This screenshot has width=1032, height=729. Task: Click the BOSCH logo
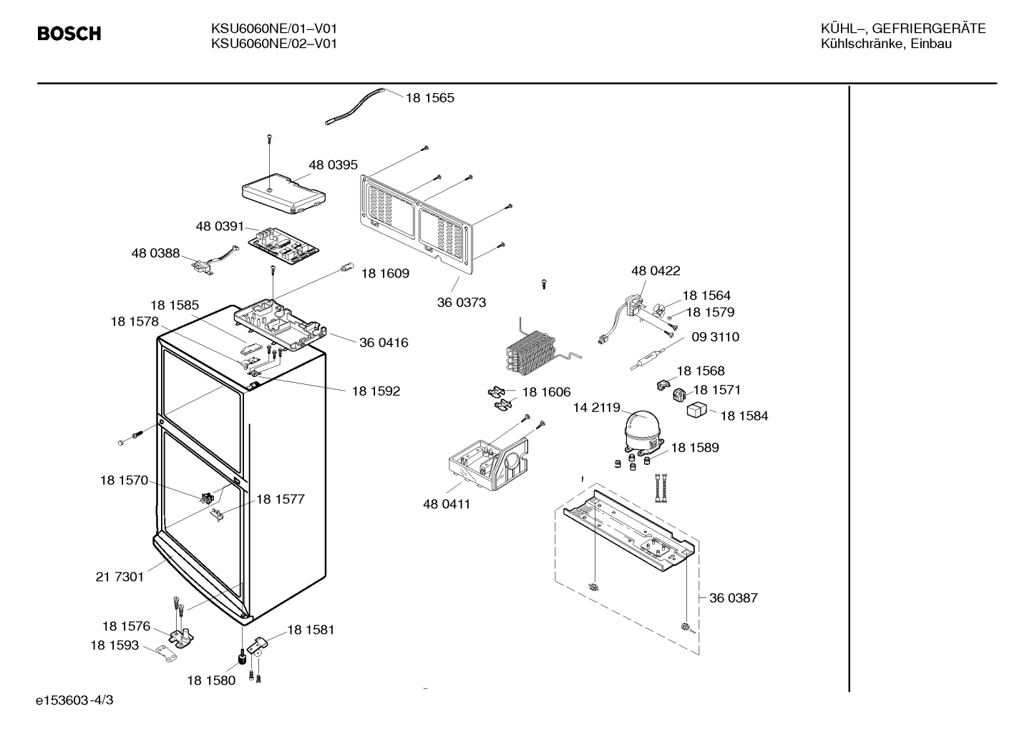69,34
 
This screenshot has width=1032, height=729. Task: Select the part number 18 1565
430,97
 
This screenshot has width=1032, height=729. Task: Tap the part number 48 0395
333,165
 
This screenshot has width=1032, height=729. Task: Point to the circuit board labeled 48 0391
284,246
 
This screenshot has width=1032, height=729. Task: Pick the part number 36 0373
461,303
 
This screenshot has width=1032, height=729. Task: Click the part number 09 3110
716,337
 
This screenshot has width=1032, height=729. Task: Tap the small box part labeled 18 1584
696,409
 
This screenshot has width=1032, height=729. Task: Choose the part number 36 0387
734,598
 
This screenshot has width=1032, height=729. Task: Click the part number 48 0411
447,504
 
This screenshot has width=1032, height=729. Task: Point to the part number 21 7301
120,577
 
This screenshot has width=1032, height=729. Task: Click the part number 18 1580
211,680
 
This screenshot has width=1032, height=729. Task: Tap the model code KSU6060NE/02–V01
274,44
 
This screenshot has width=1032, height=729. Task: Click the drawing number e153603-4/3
74,700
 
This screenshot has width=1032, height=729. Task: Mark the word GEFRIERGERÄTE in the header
929,29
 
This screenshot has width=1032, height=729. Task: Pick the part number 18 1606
546,392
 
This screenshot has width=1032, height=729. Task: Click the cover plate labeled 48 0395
284,194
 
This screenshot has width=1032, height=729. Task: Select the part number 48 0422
656,271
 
